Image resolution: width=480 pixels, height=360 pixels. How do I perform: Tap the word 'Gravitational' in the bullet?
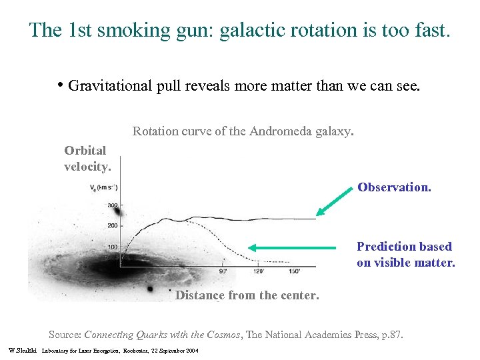point(109,85)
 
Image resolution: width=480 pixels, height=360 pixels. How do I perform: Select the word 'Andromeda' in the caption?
point(279,131)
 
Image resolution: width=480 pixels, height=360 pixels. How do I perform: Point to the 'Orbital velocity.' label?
point(87,159)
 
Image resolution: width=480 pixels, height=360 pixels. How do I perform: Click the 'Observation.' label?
point(394,187)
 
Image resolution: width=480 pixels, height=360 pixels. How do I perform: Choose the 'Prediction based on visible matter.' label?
point(405,255)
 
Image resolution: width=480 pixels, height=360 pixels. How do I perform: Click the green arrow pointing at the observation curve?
point(333,201)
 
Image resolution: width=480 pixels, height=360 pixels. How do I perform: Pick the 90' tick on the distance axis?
point(223,271)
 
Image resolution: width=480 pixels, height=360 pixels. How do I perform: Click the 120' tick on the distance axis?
point(259,271)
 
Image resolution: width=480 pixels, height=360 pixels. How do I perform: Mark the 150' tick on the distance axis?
point(294,271)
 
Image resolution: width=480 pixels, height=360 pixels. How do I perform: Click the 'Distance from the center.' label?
point(247,295)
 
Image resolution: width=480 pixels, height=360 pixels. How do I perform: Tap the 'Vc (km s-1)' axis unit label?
point(104,187)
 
